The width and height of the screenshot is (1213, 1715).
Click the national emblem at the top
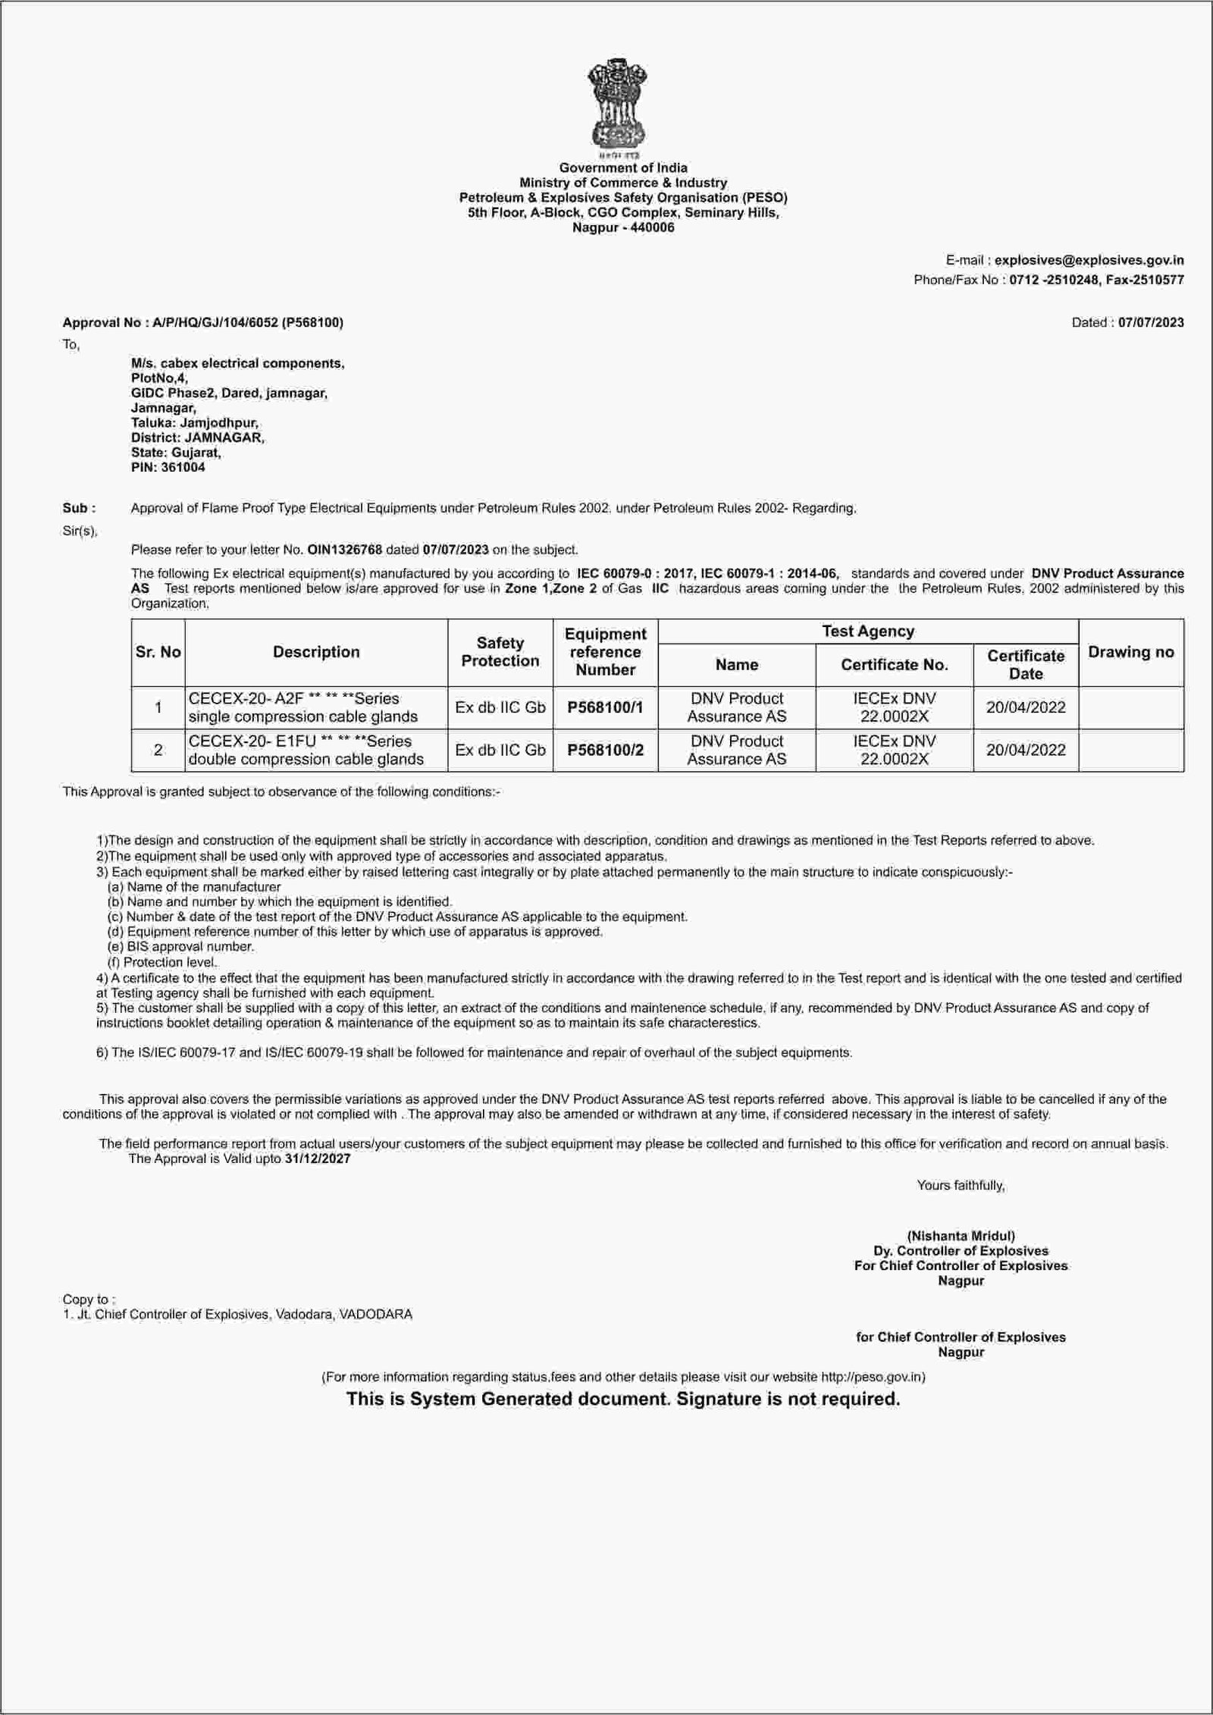pyautogui.click(x=616, y=106)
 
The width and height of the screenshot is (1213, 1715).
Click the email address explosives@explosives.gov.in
pyautogui.click(x=1089, y=260)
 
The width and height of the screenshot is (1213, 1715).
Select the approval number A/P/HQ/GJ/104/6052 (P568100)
pyautogui.click(x=247, y=322)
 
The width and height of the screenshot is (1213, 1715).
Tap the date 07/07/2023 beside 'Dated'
pyautogui.click(x=1151, y=322)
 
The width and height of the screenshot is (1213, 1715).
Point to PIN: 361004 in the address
pyautogui.click(x=168, y=467)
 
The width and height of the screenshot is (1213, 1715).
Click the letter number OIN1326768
pyautogui.click(x=344, y=549)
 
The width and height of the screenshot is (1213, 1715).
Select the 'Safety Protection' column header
pyautogui.click(x=500, y=652)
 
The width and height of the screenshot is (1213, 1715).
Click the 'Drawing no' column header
pyautogui.click(x=1130, y=652)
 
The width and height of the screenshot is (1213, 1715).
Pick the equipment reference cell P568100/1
pyautogui.click(x=605, y=707)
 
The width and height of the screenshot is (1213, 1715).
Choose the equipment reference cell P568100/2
pyautogui.click(x=605, y=750)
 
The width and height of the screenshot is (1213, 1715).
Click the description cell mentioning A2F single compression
pyautogui.click(x=303, y=707)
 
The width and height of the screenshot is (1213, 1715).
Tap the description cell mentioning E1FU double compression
pyautogui.click(x=306, y=750)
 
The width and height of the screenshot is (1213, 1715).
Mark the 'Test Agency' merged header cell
pyautogui.click(x=867, y=631)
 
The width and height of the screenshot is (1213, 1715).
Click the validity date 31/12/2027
pyautogui.click(x=318, y=1158)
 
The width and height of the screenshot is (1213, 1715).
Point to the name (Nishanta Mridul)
pyautogui.click(x=961, y=1235)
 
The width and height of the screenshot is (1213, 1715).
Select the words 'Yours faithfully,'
pyautogui.click(x=961, y=1185)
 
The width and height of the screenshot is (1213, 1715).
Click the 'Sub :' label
pyautogui.click(x=79, y=508)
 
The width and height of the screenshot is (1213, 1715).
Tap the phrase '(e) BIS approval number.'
pyautogui.click(x=180, y=946)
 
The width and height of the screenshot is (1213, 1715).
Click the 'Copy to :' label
pyautogui.click(x=89, y=1299)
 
